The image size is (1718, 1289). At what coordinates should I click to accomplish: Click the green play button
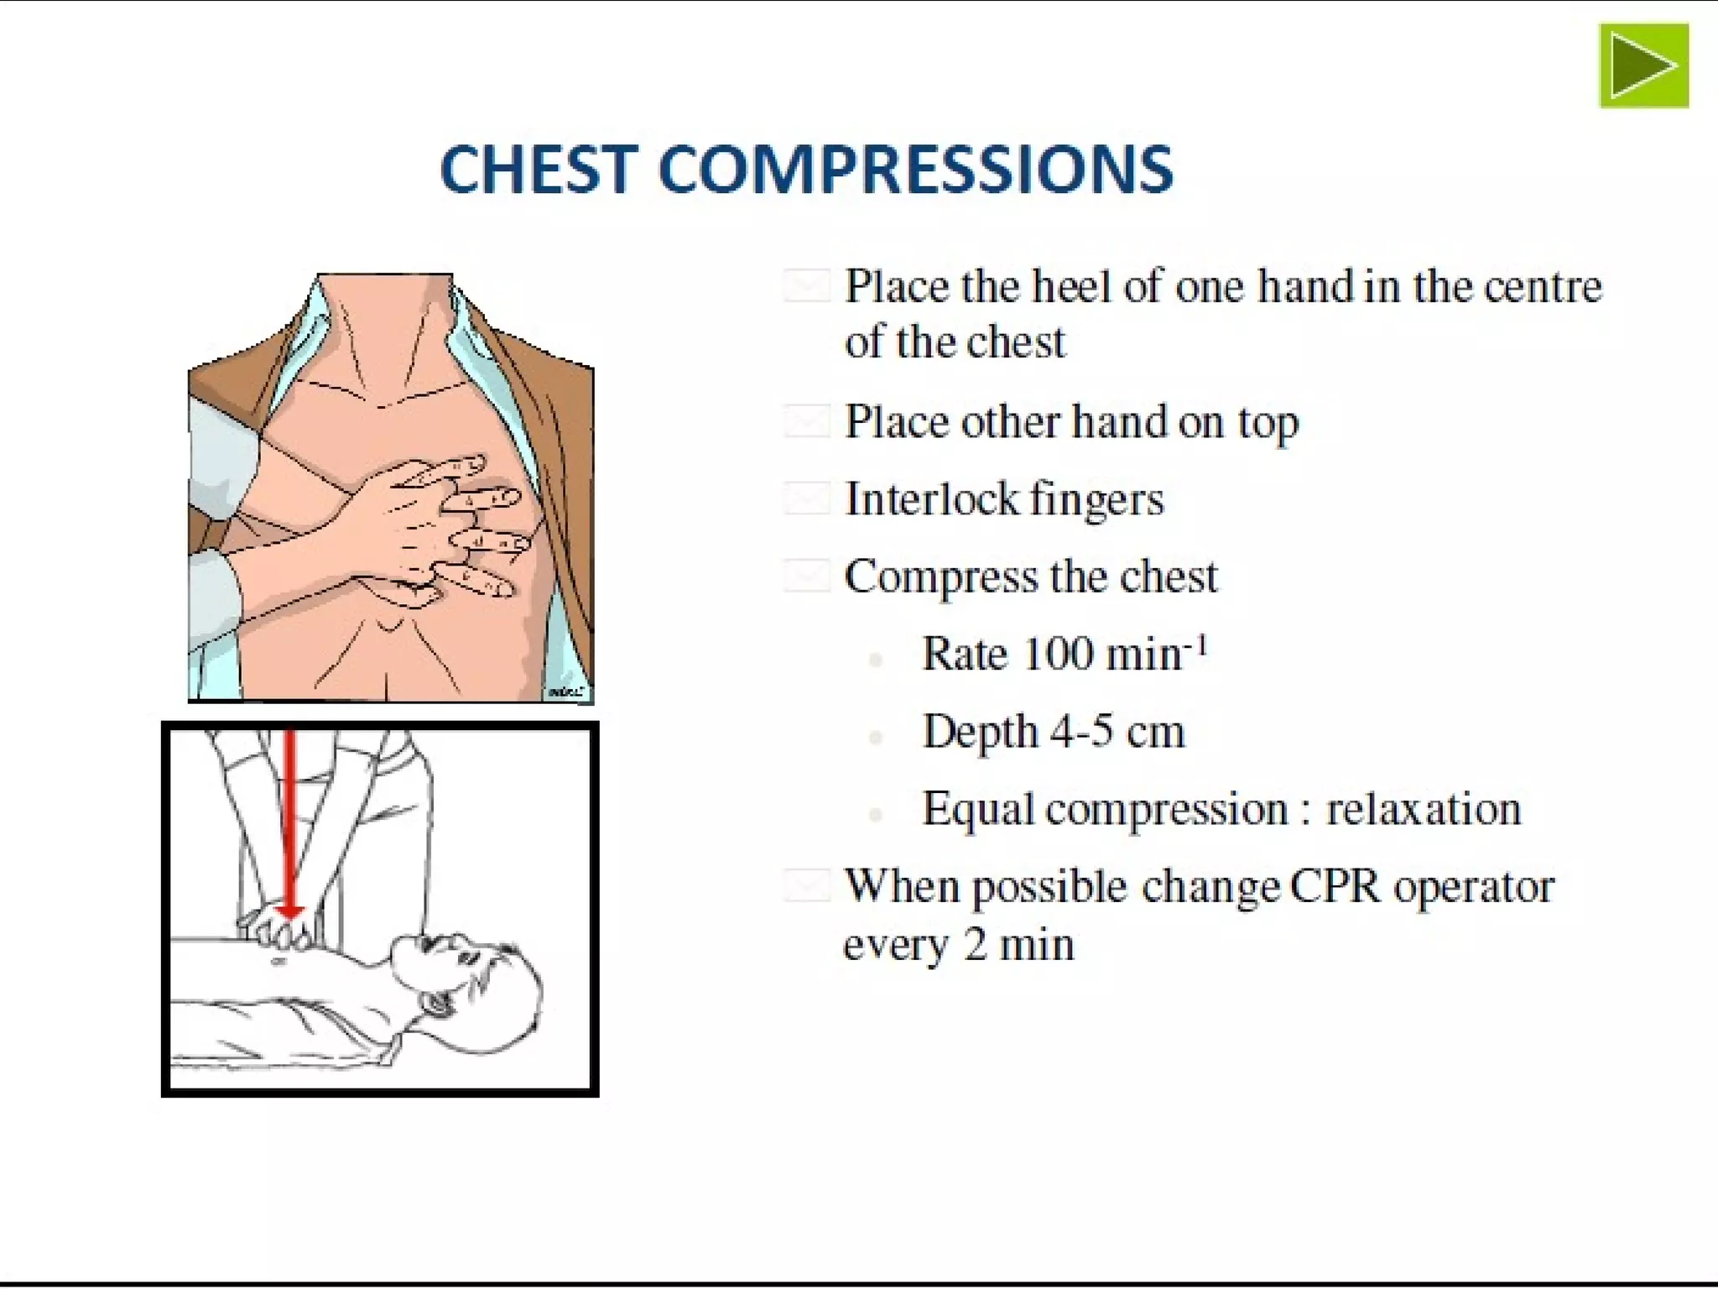(1643, 65)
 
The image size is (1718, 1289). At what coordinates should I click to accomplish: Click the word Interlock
(931, 499)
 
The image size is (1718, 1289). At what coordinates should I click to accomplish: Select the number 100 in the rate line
(1059, 654)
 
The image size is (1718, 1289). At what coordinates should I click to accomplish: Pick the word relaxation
(1423, 809)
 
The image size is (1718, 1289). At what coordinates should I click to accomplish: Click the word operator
(1474, 888)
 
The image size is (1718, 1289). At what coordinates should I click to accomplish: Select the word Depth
(979, 733)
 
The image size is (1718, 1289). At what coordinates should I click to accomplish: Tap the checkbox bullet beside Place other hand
(806, 420)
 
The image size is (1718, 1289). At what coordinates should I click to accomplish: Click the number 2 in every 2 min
(975, 945)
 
